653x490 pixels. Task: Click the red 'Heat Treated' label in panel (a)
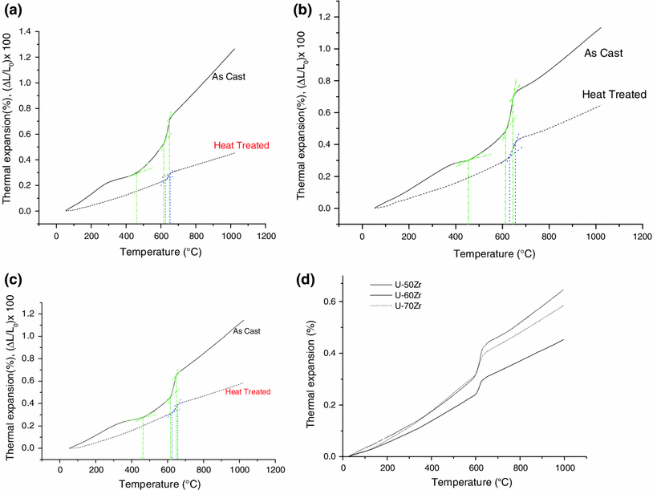coord(241,145)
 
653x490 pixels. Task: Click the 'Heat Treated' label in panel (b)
coord(614,94)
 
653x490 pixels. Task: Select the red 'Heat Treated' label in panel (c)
coord(248,391)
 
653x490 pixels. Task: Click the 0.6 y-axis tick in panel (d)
coord(329,302)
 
